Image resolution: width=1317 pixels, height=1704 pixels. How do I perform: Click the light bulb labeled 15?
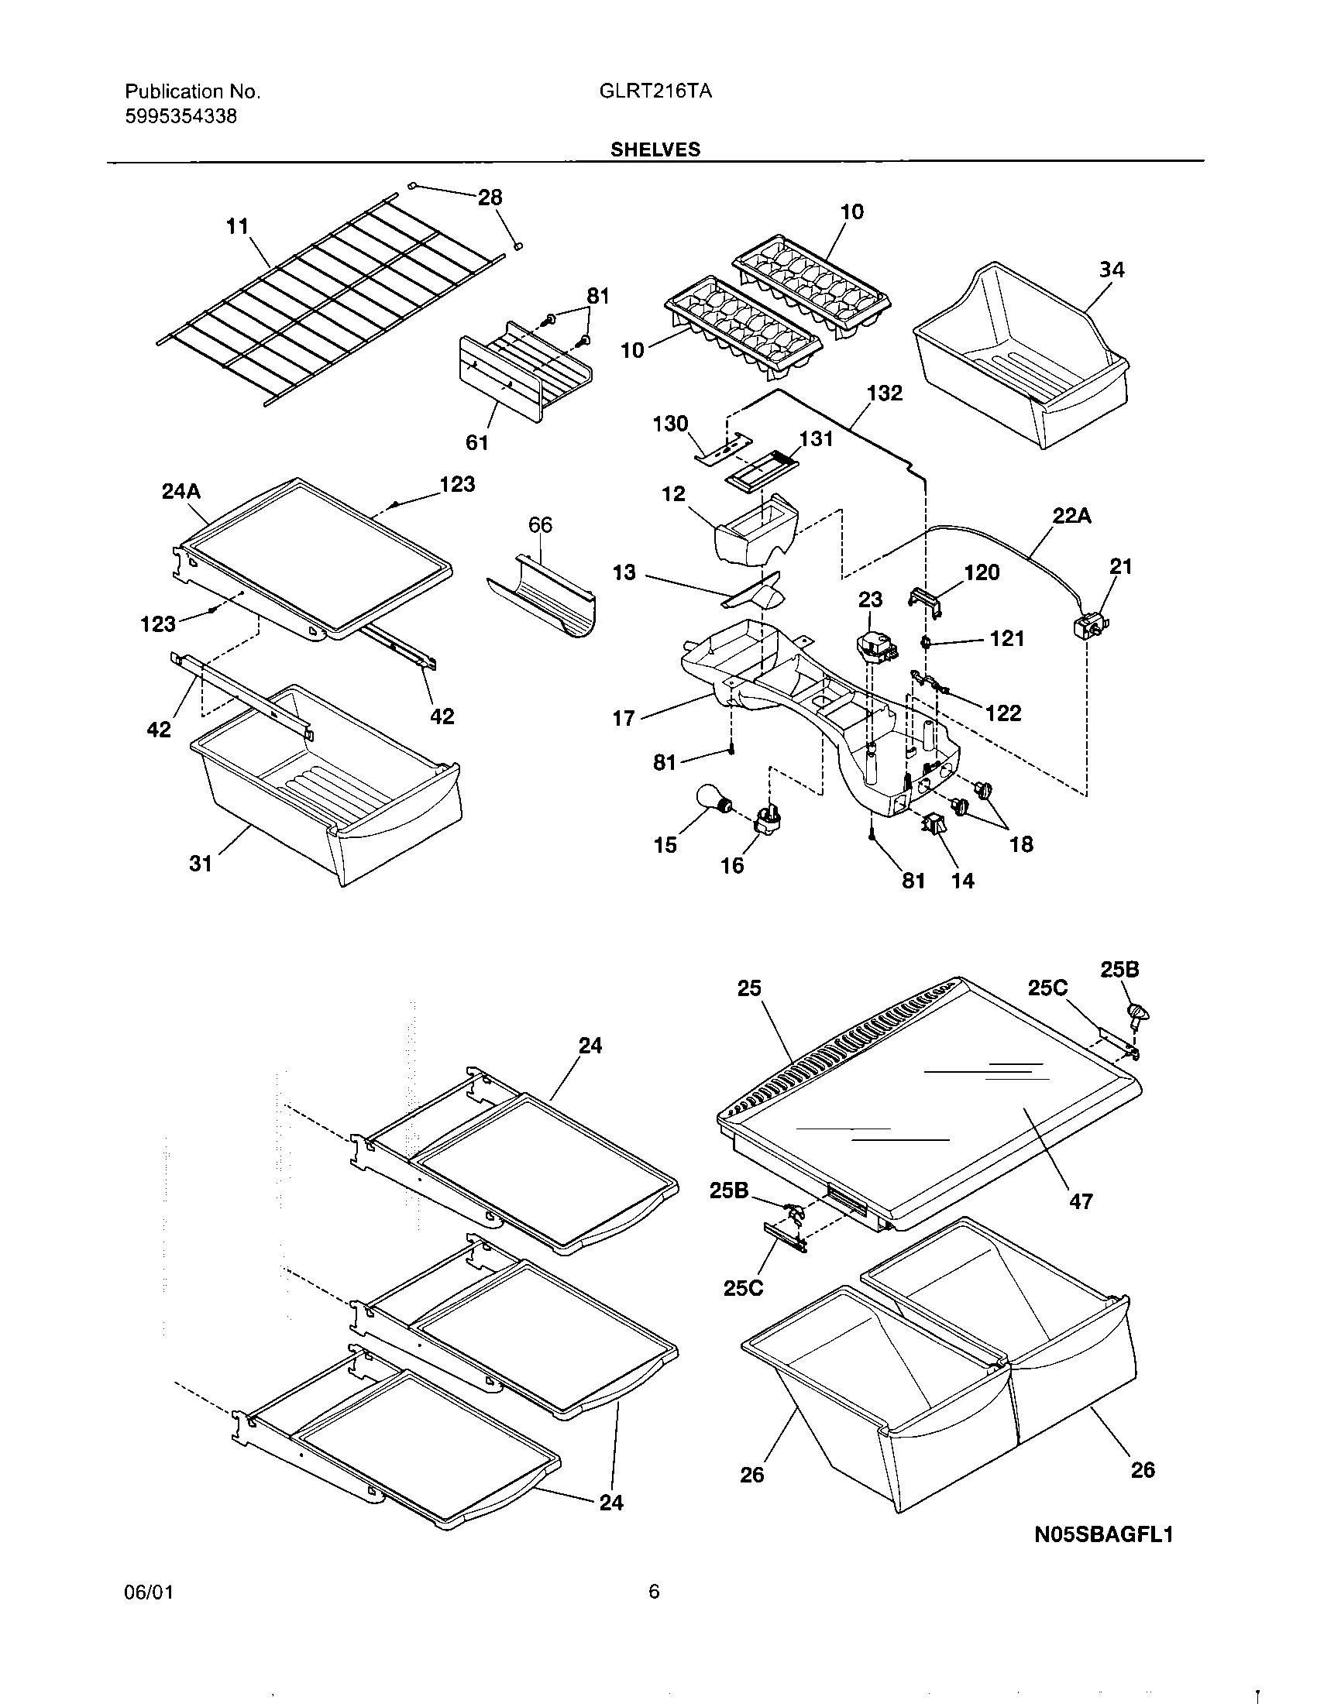(712, 802)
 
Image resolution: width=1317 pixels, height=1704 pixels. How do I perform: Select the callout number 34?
(1112, 270)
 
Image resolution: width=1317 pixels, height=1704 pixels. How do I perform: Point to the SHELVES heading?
(655, 149)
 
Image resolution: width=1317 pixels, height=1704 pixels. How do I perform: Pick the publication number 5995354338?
(181, 117)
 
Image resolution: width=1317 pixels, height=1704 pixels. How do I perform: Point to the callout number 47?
(1081, 1201)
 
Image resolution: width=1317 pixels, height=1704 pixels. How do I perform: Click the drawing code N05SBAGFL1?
(1103, 1534)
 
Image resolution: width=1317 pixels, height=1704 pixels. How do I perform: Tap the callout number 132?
(884, 393)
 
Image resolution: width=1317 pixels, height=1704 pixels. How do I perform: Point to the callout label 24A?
(181, 492)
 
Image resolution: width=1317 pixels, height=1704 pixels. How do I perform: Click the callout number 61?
(476, 442)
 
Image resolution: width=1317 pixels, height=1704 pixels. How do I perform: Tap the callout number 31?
(201, 864)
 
